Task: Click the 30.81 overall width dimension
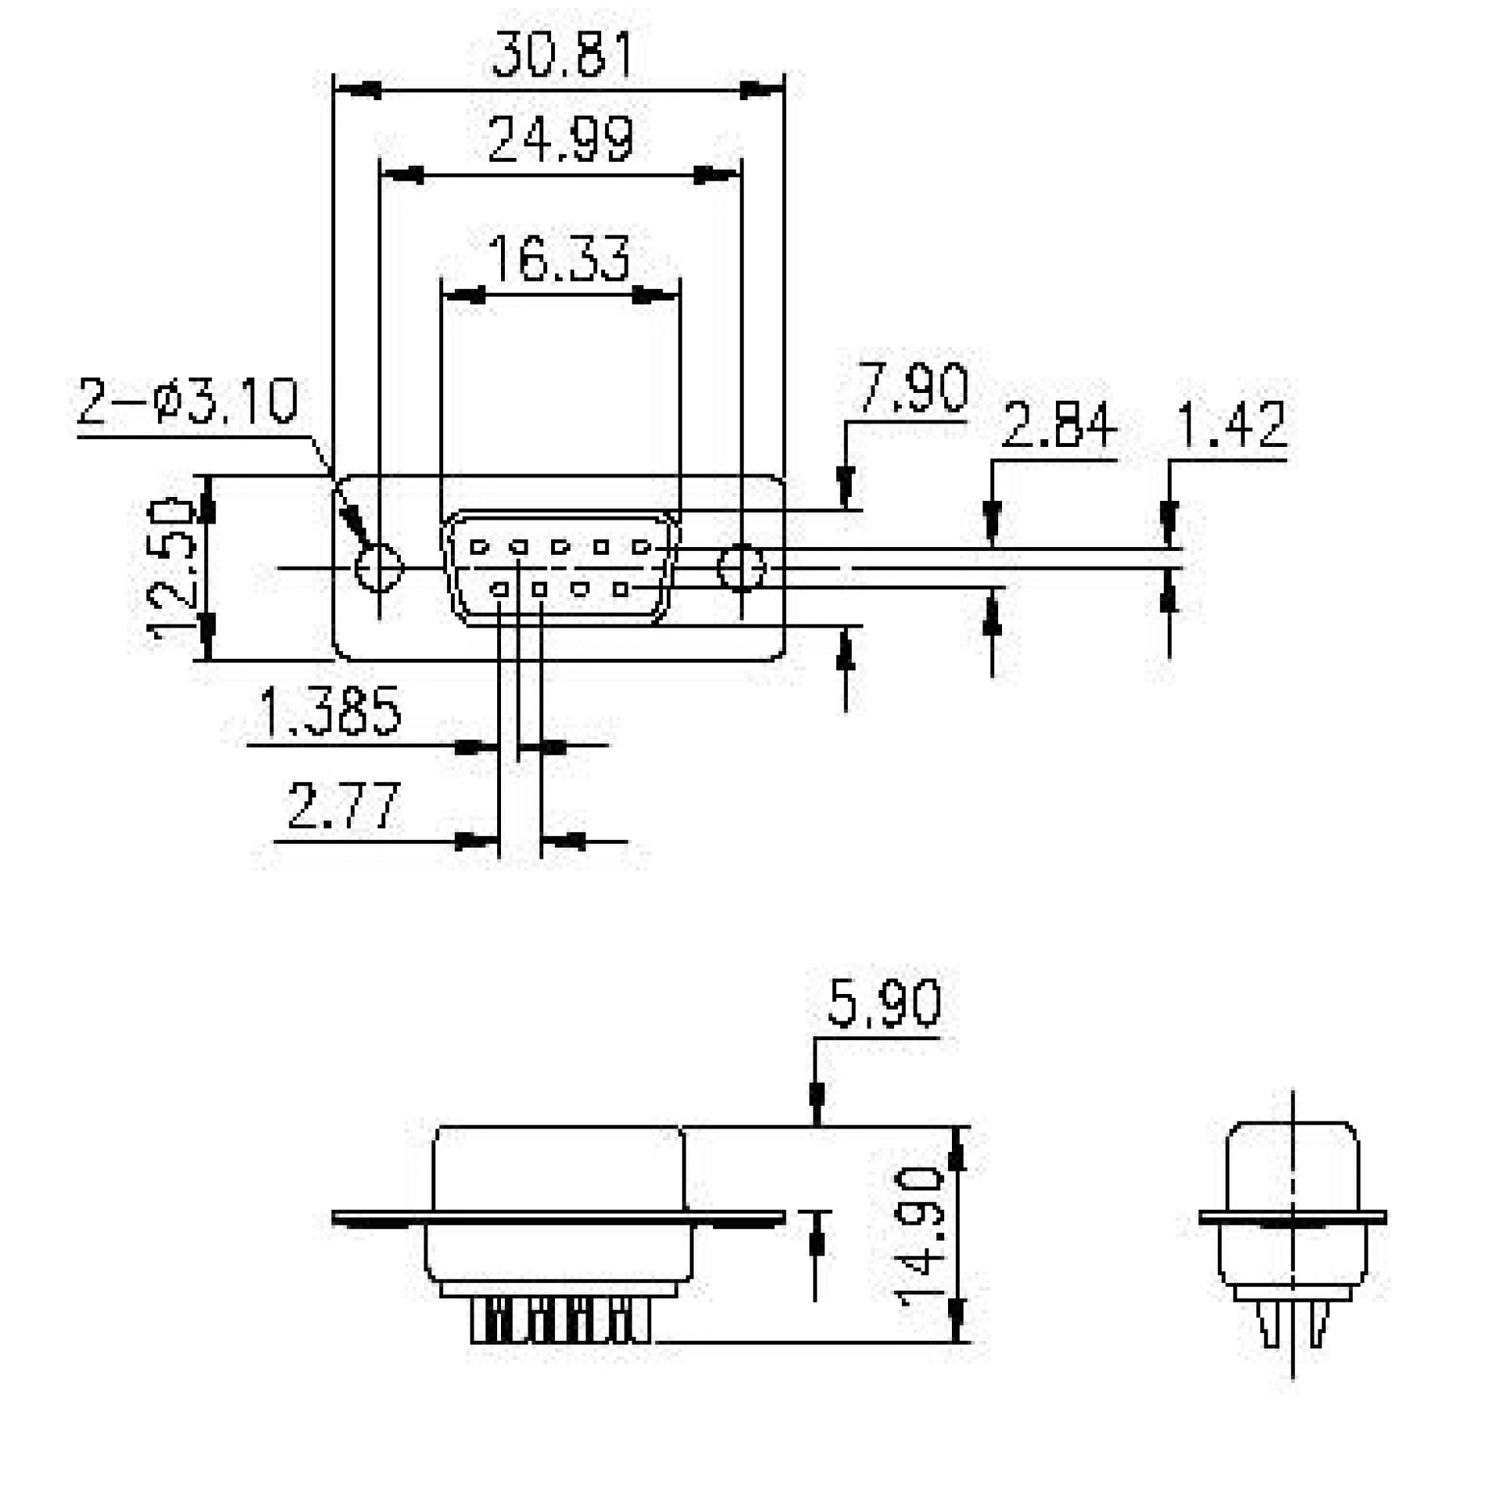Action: (561, 56)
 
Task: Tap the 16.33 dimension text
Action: (559, 258)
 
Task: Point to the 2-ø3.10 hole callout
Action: (188, 402)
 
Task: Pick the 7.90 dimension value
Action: (912, 387)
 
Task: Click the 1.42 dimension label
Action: (1231, 426)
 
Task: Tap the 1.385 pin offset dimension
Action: (330, 711)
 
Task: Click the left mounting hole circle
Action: (379, 567)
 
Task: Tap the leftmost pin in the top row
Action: (478, 547)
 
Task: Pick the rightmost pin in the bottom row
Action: (621, 589)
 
